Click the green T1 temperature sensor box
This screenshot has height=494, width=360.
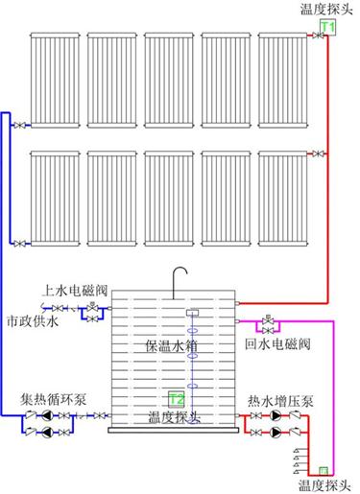pos(327,27)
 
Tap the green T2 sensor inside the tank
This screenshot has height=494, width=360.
pos(177,399)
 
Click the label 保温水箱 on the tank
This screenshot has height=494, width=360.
pos(171,346)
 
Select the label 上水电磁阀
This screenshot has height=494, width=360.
pos(75,291)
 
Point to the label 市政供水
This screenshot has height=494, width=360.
pos(33,321)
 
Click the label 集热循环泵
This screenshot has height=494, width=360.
pos(53,399)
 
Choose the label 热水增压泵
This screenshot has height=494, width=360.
pos(280,401)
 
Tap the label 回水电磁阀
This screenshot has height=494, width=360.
pos(277,344)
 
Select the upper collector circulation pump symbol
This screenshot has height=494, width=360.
pos(47,415)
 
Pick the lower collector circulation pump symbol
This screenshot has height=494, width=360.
pos(47,433)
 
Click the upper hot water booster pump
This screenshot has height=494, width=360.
pos(276,415)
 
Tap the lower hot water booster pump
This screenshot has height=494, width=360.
pos(276,433)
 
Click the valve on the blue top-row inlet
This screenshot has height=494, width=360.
pos(19,126)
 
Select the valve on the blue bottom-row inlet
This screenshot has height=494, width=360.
pos(19,244)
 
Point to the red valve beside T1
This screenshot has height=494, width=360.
pos(318,35)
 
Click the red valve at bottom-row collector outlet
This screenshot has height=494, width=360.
pos(318,153)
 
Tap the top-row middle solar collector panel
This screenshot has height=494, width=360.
pos(169,80)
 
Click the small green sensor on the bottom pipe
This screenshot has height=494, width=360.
pos(324,471)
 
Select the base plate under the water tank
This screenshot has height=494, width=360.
pos(174,431)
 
